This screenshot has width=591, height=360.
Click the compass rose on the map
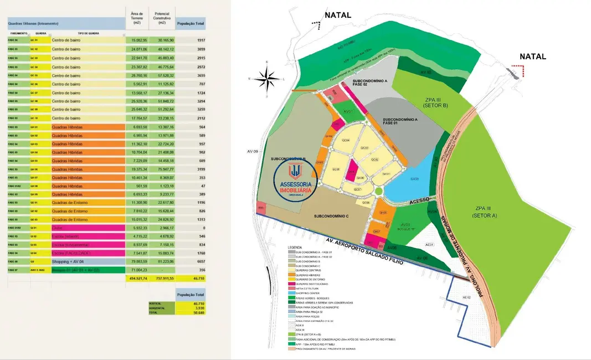tap(269, 78)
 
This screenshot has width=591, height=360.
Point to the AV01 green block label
tap(348, 112)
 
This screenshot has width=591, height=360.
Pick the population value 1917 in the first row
tap(197, 40)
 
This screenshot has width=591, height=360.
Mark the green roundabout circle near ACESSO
tap(378, 192)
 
